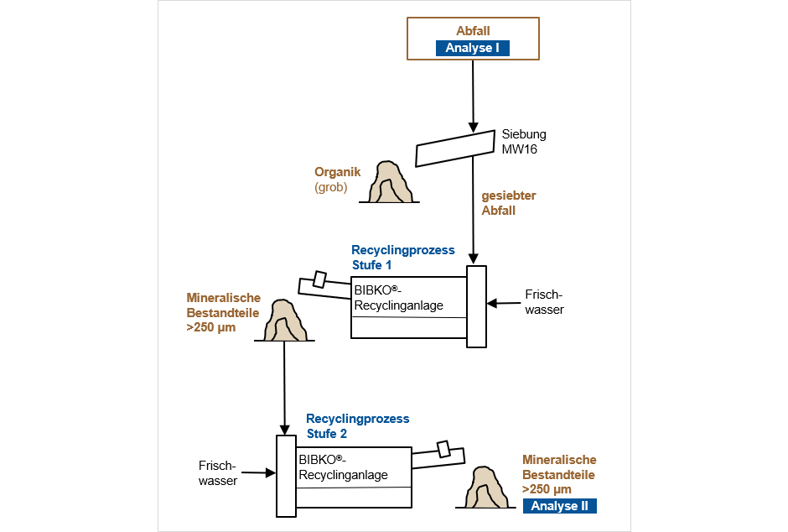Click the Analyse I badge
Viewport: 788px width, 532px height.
[473, 48]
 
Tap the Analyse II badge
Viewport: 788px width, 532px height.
[560, 505]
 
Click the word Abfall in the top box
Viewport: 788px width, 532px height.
[473, 31]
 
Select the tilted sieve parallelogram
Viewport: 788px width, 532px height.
[455, 148]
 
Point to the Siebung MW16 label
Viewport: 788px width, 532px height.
[524, 141]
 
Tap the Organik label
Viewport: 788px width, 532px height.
[337, 172]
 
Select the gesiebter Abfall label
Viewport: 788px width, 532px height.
[508, 203]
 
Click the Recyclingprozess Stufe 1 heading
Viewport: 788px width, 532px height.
[402, 257]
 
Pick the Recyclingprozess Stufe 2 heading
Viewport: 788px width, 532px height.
[357, 425]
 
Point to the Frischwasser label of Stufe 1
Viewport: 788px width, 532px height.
[544, 302]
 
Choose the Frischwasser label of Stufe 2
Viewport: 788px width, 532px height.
[218, 473]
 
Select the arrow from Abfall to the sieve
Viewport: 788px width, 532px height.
[473, 92]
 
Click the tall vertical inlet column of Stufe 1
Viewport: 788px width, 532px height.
[476, 305]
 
